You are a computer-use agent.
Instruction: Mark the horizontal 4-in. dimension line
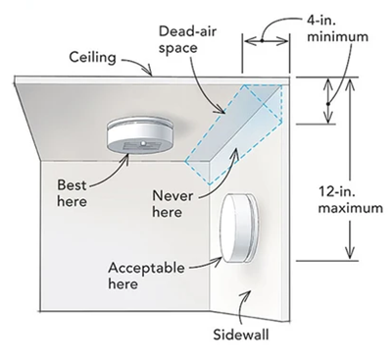point(268,41)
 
